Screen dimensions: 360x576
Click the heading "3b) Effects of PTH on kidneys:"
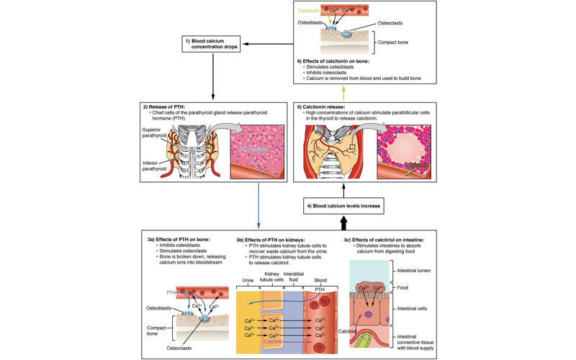click(282, 238)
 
